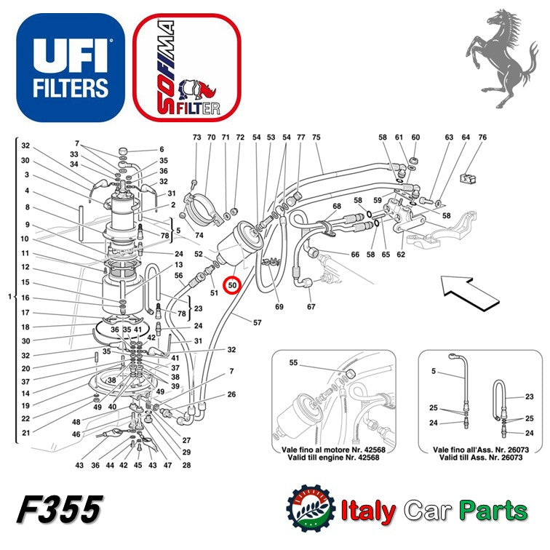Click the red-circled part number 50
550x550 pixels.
(x=233, y=285)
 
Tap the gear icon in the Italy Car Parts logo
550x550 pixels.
(x=311, y=509)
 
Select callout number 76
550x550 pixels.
(x=482, y=137)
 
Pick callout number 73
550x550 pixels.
(x=196, y=137)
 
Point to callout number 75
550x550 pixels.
(x=316, y=137)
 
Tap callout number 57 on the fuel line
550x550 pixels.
(x=257, y=322)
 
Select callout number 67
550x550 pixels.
(x=311, y=306)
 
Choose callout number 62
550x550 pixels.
(x=401, y=255)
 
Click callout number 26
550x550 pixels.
(x=231, y=395)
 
